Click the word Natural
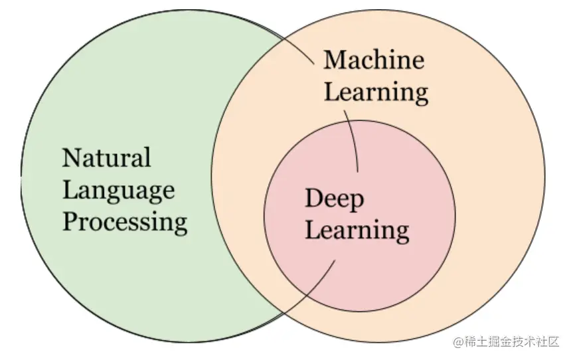pos(106,158)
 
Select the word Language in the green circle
pos(118,191)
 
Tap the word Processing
pos(124,222)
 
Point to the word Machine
pos(374,60)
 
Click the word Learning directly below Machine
pos(376,92)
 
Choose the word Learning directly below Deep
pos(357,230)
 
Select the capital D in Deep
pos(314,198)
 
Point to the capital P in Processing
pos(70,221)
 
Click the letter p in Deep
pos(356,202)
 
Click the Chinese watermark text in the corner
pos(512,341)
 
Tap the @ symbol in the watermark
pos(458,341)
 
